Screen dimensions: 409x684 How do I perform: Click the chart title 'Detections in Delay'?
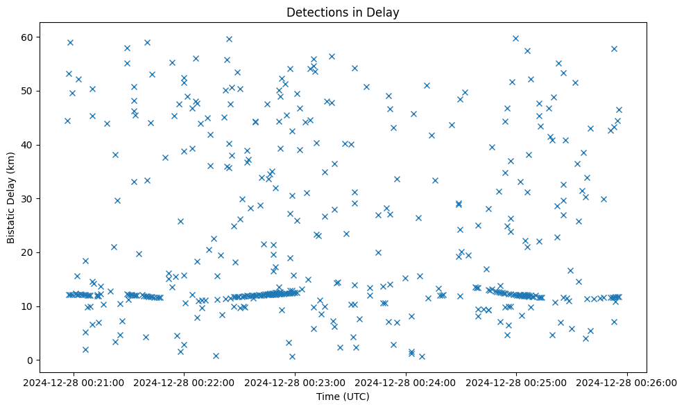(x=343, y=12)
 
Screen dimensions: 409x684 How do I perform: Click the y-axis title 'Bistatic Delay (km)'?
(x=11, y=198)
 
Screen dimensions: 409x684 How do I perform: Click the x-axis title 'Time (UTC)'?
(x=343, y=397)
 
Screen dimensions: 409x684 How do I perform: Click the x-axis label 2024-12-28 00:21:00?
(x=74, y=382)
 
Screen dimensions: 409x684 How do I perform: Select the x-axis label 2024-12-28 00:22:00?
(x=185, y=382)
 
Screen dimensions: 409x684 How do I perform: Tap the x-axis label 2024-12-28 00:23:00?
(x=296, y=382)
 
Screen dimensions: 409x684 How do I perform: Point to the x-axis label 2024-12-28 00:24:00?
(x=406, y=382)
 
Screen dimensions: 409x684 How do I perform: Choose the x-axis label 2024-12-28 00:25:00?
(x=517, y=382)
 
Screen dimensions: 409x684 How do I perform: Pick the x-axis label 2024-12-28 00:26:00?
(x=627, y=382)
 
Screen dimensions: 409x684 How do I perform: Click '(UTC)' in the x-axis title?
(x=356, y=397)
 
